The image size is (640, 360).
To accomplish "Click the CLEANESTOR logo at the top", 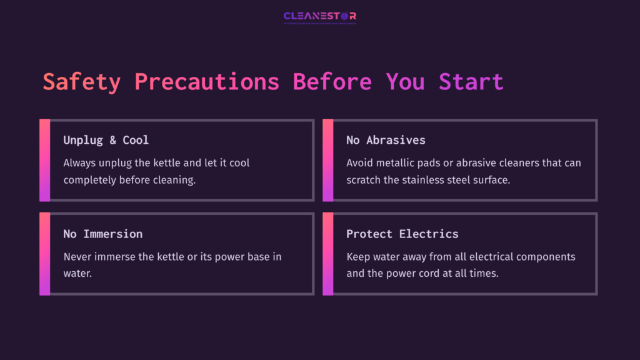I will point(320,17).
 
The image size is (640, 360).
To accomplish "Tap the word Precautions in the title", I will point(207,82).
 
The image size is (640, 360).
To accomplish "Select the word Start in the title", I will point(471,82).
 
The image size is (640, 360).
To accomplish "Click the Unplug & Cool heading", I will point(106,140).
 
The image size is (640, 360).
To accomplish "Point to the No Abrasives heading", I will point(386,140).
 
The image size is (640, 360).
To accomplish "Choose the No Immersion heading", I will point(103,234).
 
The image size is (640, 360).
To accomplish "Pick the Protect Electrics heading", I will point(402,234).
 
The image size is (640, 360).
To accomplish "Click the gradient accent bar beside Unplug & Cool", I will point(44,160).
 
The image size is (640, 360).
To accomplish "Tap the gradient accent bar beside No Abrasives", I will point(327,160).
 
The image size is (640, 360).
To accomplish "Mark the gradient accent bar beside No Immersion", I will point(44,254).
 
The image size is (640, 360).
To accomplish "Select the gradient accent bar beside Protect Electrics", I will point(327,254).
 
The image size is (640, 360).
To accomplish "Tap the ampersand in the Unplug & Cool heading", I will point(112,140).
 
